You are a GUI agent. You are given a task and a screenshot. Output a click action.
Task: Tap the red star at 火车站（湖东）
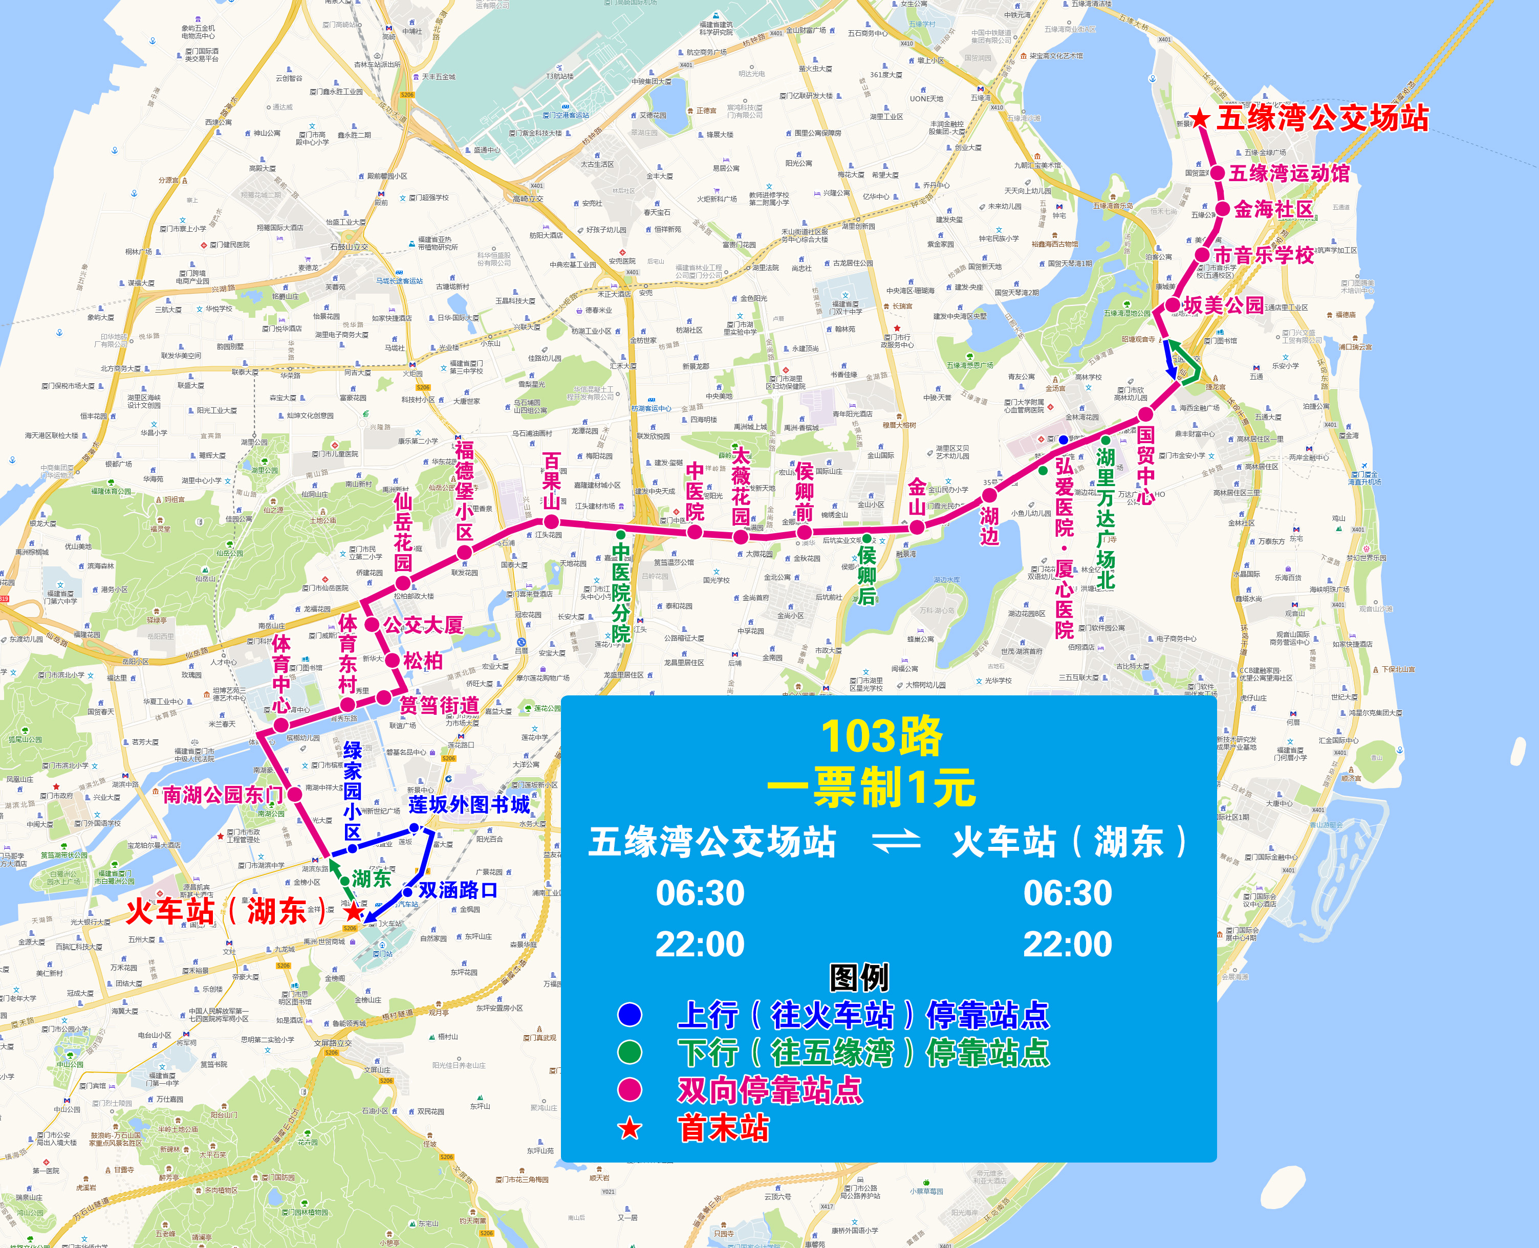354,911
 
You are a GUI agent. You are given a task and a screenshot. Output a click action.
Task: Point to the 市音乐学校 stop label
1264,255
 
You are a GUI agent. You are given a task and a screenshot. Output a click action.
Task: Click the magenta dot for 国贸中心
1145,414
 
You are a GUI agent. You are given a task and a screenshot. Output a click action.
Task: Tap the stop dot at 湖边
989,495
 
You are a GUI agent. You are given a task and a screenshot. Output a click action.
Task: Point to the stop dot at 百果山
551,522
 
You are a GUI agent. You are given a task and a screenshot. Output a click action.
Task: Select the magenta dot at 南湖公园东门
295,794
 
